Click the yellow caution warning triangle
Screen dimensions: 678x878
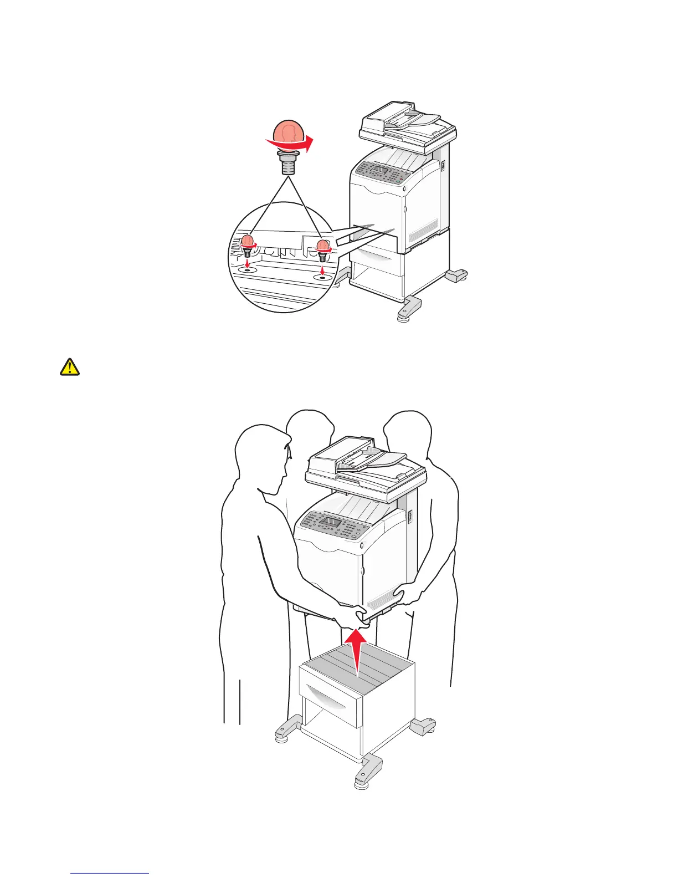pos(70,367)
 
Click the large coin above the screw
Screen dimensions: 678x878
pos(288,134)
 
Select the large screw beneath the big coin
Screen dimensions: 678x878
pos(287,163)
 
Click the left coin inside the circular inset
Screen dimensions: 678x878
pos(248,241)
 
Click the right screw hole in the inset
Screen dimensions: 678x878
pos(322,275)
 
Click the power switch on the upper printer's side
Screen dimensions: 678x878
pos(443,165)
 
